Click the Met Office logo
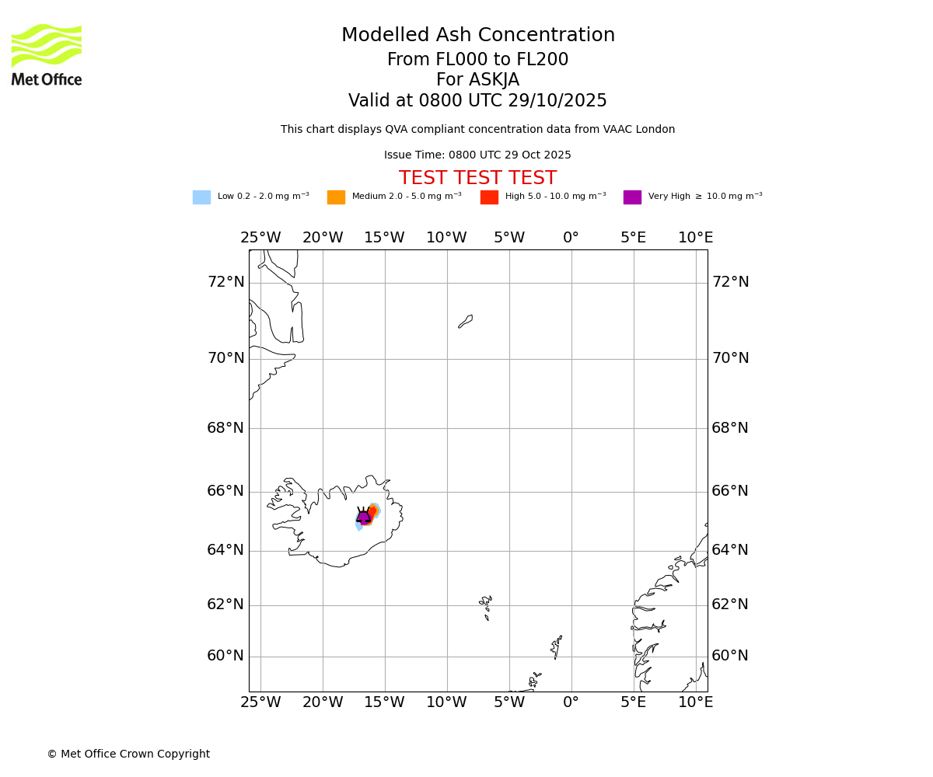click(47, 54)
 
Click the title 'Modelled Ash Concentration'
click(477, 36)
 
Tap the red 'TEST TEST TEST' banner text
click(477, 178)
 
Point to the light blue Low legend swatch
click(201, 197)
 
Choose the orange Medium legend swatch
click(336, 197)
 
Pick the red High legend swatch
click(489, 197)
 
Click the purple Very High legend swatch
click(632, 197)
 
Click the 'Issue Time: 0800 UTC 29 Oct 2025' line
click(477, 155)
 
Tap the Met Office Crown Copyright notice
click(128, 754)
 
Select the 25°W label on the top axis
click(260, 238)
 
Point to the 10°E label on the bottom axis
click(695, 702)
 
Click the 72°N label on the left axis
click(225, 282)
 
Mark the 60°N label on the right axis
click(730, 656)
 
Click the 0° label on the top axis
click(571, 238)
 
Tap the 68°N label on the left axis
click(225, 428)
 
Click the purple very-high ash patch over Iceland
click(364, 517)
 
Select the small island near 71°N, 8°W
click(466, 321)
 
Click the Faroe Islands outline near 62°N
click(486, 603)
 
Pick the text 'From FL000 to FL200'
click(477, 60)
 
